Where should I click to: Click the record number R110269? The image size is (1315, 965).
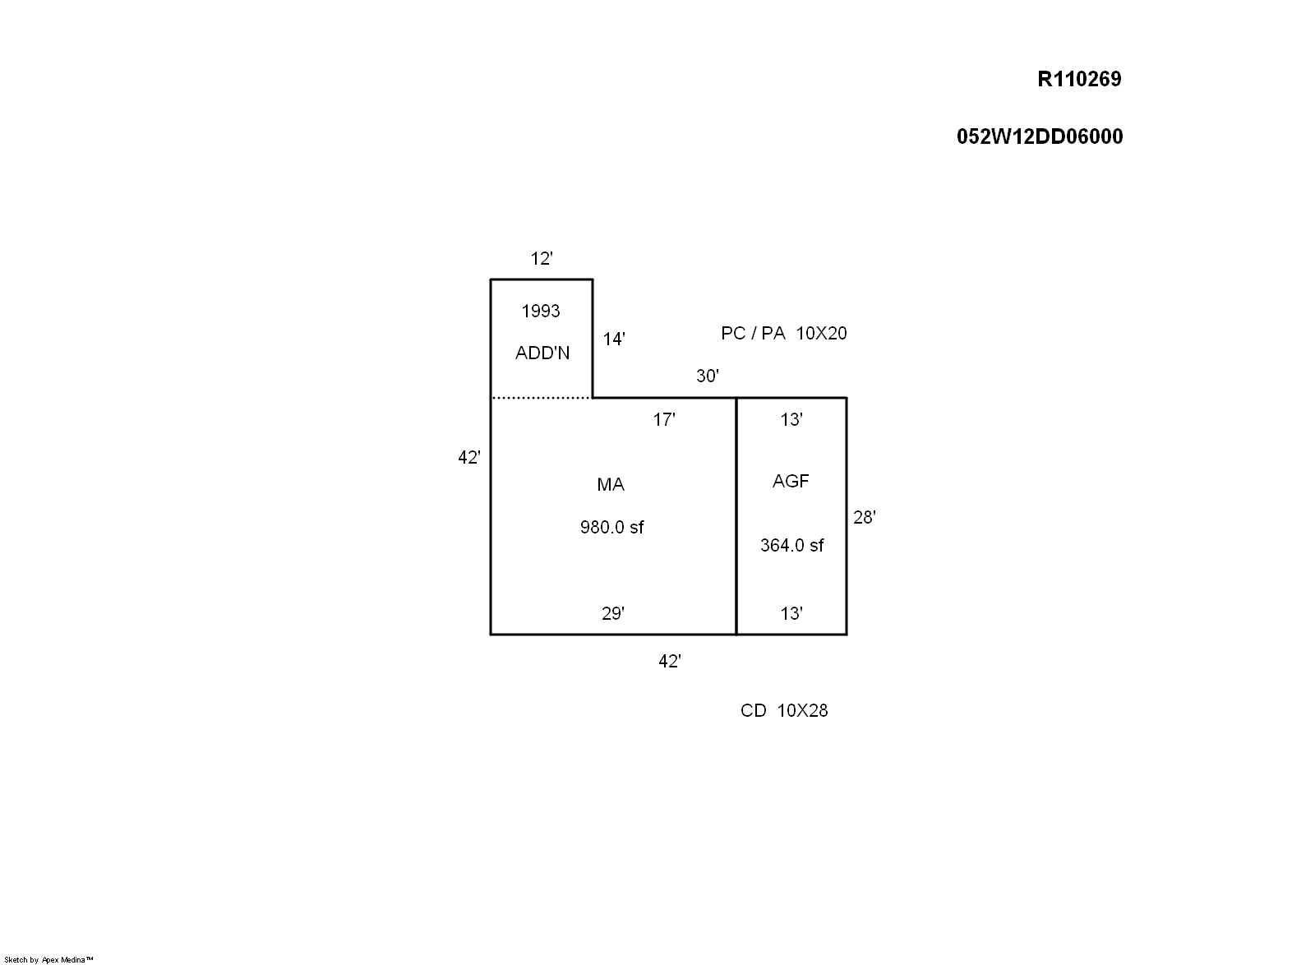coord(1079,79)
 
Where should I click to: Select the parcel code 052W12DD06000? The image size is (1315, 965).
coord(1040,136)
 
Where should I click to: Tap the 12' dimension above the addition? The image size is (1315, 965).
coord(542,258)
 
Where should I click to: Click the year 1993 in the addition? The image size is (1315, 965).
coord(541,311)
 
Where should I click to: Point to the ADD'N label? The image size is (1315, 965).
coord(542,353)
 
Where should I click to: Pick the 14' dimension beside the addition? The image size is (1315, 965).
coord(614,339)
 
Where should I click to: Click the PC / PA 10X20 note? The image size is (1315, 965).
coord(784,334)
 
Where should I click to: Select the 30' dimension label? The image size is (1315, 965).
coord(708,376)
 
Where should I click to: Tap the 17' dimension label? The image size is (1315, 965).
coord(664,420)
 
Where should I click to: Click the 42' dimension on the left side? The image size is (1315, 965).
coord(469,457)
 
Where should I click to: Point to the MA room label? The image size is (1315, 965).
coord(611,484)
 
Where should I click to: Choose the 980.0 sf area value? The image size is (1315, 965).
coord(611,527)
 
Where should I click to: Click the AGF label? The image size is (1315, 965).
coord(791,482)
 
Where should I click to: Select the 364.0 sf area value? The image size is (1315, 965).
coord(792,545)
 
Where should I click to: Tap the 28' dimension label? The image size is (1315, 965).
coord(864,517)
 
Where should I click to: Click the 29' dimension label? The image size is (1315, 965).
coord(613,613)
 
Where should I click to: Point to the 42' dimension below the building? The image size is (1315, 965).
coord(669,662)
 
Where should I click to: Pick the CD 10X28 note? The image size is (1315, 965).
coord(784,710)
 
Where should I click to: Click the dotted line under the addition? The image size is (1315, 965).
coord(542,398)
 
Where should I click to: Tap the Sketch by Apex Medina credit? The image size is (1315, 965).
coord(48,960)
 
